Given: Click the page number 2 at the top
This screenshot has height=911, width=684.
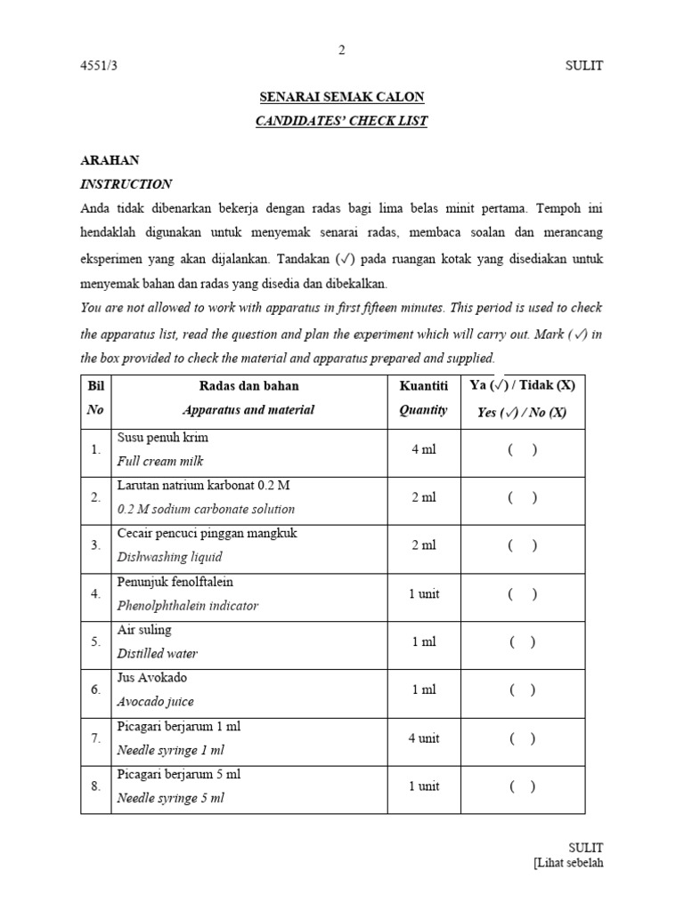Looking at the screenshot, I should point(341,50).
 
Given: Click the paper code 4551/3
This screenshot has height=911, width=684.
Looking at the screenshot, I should point(99,66).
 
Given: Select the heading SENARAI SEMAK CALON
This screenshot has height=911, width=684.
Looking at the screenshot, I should point(341,97).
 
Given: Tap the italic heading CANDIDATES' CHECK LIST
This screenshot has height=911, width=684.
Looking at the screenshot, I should point(341,121).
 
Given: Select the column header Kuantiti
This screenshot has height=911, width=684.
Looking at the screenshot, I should point(424,386).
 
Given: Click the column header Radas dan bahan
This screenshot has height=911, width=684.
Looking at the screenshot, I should point(248,386).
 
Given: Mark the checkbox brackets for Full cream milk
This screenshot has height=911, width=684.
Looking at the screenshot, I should point(523,449).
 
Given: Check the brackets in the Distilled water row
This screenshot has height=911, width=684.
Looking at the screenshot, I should point(523,641).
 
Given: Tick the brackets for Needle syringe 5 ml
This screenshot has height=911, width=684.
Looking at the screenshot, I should point(523,786).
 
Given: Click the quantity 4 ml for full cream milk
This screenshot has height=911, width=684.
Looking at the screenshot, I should point(424,449).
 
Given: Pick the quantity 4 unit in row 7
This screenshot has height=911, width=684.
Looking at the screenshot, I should point(424,738).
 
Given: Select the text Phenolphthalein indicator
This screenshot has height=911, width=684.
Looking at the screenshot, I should point(188,606).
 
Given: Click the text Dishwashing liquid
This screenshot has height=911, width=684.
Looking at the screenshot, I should point(169,558).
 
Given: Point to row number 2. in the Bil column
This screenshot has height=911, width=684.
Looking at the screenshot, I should point(95,498).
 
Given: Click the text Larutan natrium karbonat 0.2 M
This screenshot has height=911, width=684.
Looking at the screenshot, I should point(204,486).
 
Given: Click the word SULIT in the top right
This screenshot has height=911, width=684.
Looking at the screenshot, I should point(584,66).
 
